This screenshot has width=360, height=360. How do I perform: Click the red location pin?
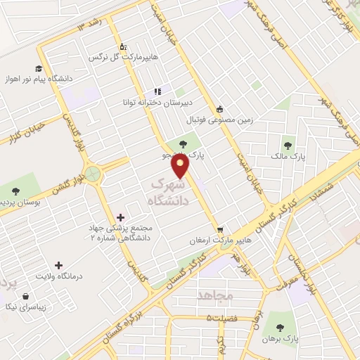click(x=181, y=166)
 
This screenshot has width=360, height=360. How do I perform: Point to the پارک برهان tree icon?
click(x=281, y=327)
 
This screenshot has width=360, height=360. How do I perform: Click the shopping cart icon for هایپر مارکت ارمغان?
click(x=220, y=229)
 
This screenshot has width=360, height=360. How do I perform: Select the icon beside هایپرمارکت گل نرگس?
click(x=124, y=46)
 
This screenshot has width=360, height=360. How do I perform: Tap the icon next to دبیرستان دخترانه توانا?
click(x=157, y=91)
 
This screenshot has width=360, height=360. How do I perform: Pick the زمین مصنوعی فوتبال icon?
click(x=220, y=109)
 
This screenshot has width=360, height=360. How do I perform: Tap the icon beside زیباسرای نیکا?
click(x=26, y=297)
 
